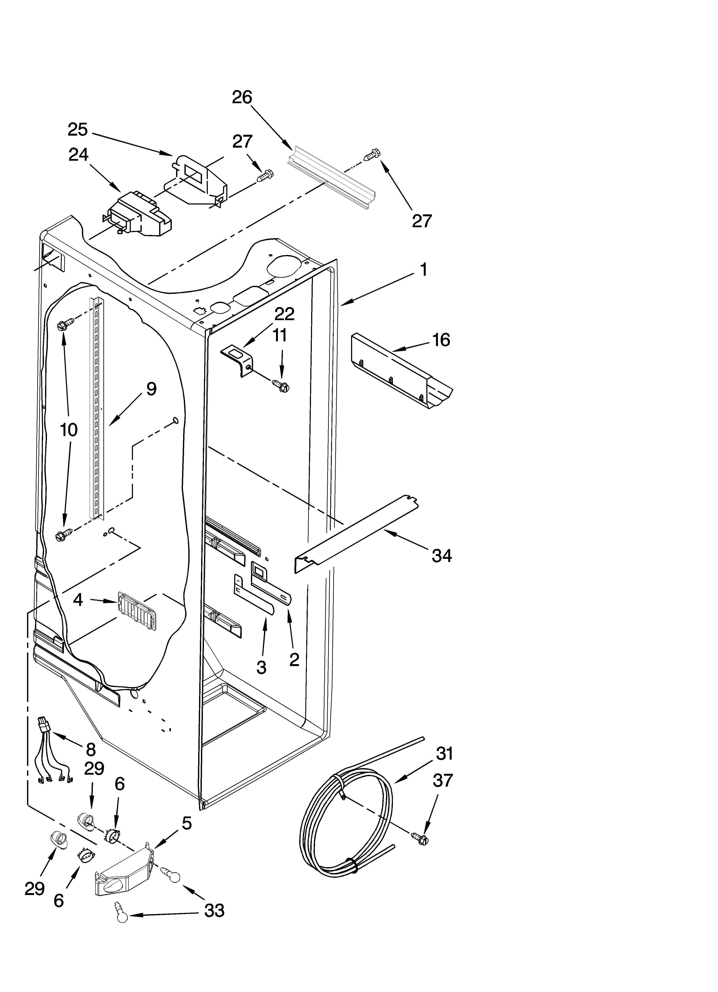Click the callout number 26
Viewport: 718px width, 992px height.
pyautogui.click(x=242, y=97)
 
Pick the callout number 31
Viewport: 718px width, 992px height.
pyautogui.click(x=445, y=754)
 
